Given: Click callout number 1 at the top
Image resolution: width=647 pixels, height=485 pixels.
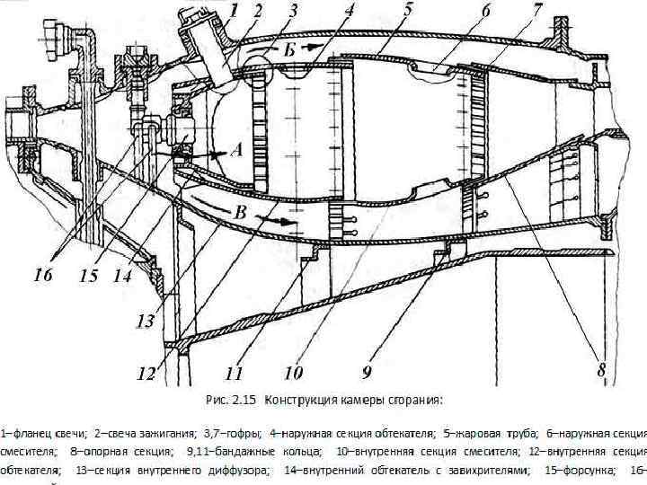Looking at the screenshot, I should click(233, 12).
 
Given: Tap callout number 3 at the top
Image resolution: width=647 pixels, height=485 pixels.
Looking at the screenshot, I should click(293, 12).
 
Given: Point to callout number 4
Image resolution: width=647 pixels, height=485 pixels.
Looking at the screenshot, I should click(349, 12).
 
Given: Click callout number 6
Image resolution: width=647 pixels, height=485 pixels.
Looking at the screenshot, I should click(485, 12).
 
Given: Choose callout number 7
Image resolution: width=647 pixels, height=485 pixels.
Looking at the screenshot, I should click(536, 12).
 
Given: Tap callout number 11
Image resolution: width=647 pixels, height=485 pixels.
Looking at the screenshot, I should click(235, 369).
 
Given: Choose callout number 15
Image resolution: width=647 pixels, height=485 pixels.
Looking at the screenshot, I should click(88, 277).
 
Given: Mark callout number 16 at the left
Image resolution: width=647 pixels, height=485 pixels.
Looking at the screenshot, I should click(43, 276).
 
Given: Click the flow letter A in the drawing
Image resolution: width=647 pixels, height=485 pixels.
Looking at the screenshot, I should click(236, 153).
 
